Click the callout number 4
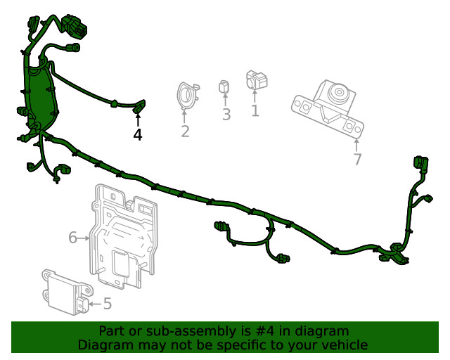pyautogui.click(x=138, y=134)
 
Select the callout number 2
pyautogui.click(x=185, y=131)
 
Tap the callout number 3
pyautogui.click(x=226, y=115)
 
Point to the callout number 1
pyautogui.click(x=255, y=110)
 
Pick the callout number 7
pyautogui.click(x=357, y=159)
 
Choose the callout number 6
pyautogui.click(x=73, y=238)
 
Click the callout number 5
pyautogui.click(x=108, y=304)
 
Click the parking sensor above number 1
pyautogui.click(x=256, y=80)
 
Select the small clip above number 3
pyautogui.click(x=224, y=86)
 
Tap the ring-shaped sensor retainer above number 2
pyautogui.click(x=187, y=96)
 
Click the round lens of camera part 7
pyautogui.click(x=339, y=92)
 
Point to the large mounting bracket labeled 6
pyautogui.click(x=124, y=236)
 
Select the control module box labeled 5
pyautogui.click(x=67, y=292)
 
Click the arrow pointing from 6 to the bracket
pyautogui.click(x=84, y=238)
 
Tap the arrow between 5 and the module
pyautogui.click(x=96, y=304)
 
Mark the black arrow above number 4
pyautogui.click(x=138, y=120)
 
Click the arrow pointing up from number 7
pyautogui.click(x=356, y=145)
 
